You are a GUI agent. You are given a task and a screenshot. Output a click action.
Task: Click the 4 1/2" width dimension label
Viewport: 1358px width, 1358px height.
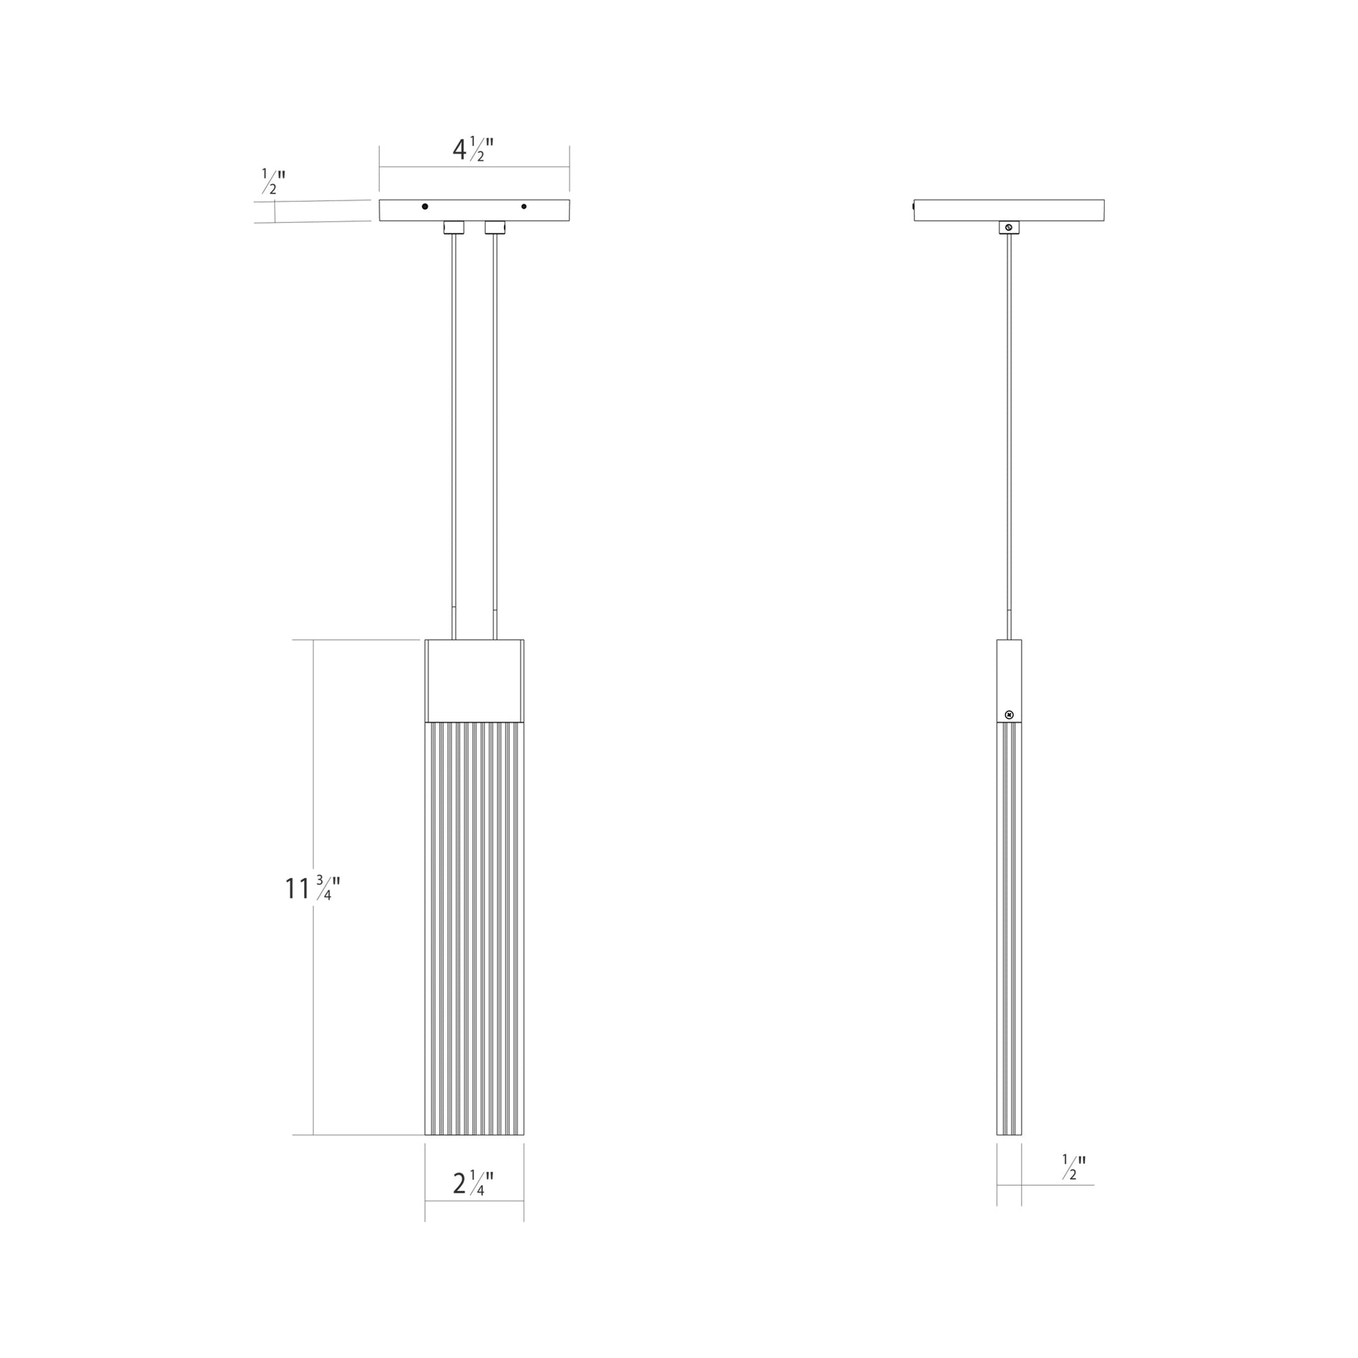coord(473,150)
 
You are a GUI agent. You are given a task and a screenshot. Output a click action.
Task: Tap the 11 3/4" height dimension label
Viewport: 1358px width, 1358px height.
coord(312,888)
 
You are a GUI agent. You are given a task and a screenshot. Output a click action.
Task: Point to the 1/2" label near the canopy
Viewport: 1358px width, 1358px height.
coord(273,181)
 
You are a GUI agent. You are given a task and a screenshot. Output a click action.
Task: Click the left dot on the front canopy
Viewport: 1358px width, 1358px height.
coord(424,207)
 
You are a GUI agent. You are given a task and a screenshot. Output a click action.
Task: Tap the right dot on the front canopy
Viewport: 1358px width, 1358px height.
coord(523,207)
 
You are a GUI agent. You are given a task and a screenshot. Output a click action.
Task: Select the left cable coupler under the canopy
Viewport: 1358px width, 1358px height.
coord(454,227)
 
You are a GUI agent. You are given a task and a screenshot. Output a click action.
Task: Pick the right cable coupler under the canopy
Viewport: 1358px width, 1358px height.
coord(495,227)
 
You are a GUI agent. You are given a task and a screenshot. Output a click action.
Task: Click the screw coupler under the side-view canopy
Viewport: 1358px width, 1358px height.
coord(1008,227)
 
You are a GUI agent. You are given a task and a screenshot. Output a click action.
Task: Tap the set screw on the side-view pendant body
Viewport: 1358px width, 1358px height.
coord(1009,715)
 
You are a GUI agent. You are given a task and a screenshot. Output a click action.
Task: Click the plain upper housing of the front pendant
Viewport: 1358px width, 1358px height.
coord(474,680)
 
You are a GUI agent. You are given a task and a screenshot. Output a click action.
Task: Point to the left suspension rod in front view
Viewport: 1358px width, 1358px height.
coord(454,421)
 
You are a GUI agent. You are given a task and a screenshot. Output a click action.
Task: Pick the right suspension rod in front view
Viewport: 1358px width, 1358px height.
coord(495,421)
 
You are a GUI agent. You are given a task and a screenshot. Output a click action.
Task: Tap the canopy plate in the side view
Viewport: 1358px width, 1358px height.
coord(1008,210)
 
